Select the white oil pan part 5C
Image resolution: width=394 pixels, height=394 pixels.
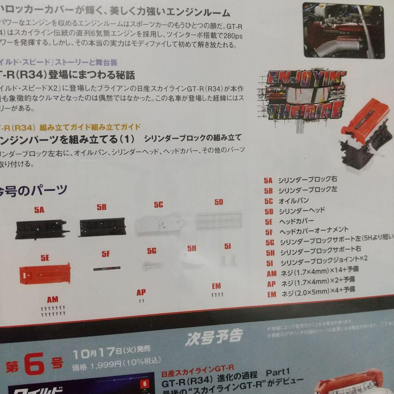pyautogui.click(x=159, y=223)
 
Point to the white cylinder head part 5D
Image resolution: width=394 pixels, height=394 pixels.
pyautogui.click(x=219, y=220)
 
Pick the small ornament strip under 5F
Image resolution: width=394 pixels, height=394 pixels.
pyautogui.click(x=106, y=268)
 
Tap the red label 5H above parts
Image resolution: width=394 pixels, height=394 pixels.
pyautogui.click(x=192, y=248)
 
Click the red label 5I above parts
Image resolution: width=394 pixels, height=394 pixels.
pyautogui.click(x=228, y=247)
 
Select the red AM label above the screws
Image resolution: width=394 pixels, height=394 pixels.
pyautogui.click(x=53, y=300)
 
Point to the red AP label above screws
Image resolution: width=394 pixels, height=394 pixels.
pyautogui.click(x=141, y=293)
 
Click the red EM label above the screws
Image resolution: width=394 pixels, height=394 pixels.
pyautogui.click(x=216, y=286)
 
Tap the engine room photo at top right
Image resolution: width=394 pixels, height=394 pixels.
pyautogui.click(x=344, y=30)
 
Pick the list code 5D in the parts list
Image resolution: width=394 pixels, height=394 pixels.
pyautogui.click(x=269, y=211)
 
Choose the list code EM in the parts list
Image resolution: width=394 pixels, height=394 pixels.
pyautogui.click(x=272, y=294)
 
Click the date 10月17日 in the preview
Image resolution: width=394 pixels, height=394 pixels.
pyautogui.click(x=97, y=353)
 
